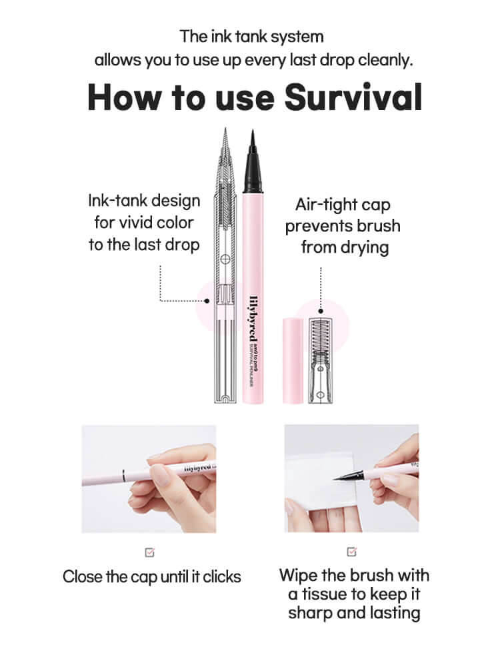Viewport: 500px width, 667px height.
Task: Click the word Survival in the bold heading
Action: (x=353, y=97)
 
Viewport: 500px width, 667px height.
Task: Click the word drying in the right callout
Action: (x=364, y=247)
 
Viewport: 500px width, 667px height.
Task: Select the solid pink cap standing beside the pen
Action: (x=293, y=360)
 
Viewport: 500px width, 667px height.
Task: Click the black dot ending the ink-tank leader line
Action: (x=207, y=301)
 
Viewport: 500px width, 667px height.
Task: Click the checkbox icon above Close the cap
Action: (x=149, y=552)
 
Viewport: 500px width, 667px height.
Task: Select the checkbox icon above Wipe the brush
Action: (x=352, y=552)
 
